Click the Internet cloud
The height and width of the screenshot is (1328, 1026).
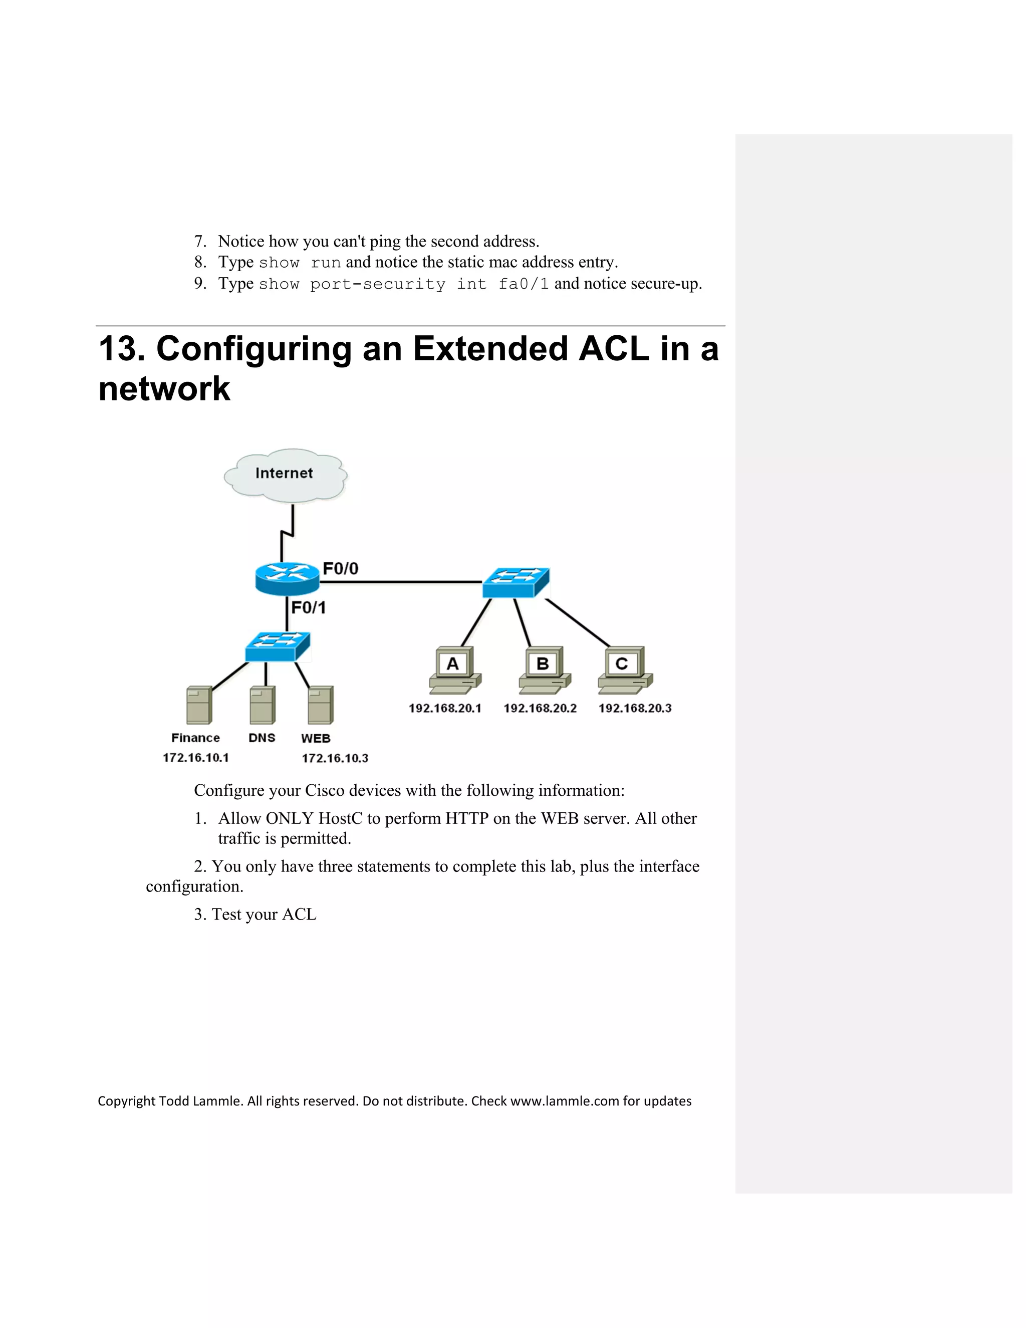(x=285, y=475)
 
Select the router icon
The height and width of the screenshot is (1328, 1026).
(x=287, y=578)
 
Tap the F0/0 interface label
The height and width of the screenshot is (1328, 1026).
(x=340, y=569)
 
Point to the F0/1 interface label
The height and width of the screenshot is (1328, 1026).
(x=308, y=607)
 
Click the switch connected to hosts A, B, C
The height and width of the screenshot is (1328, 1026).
(x=516, y=582)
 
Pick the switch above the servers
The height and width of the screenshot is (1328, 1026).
(x=278, y=646)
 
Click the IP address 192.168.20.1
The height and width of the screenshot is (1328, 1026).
(x=445, y=709)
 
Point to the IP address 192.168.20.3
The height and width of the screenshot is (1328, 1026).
(x=635, y=709)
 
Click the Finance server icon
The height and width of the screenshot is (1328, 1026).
(x=199, y=706)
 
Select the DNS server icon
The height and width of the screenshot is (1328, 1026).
(x=263, y=706)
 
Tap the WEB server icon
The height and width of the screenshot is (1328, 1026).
(x=320, y=706)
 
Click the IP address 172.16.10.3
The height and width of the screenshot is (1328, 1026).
(x=335, y=758)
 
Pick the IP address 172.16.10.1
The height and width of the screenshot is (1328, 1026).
(x=196, y=758)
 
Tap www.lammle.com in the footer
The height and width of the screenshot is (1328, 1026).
(x=564, y=1101)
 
